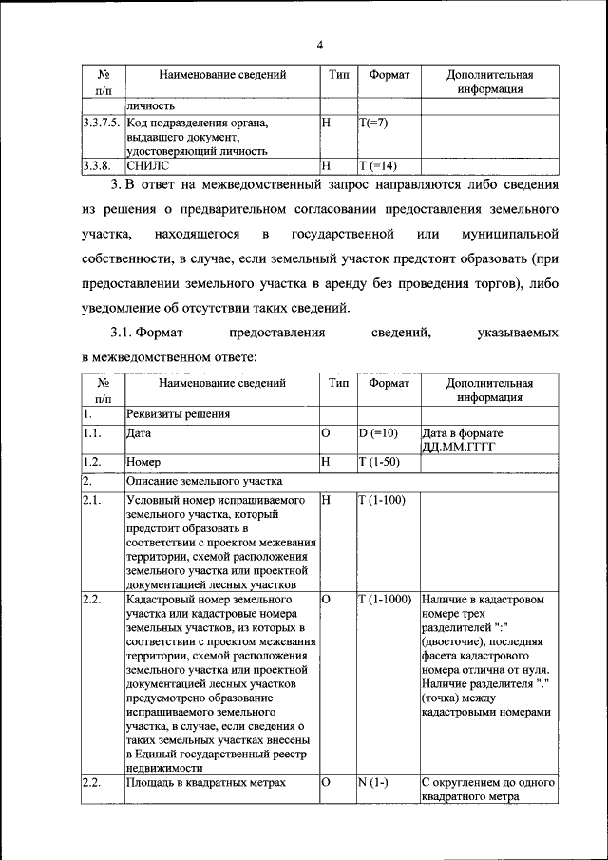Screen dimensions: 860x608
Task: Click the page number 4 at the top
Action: (x=320, y=45)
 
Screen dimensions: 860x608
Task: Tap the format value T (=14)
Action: (x=379, y=165)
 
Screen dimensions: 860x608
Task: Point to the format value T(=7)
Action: (x=373, y=124)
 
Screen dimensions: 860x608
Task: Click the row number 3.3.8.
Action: (x=97, y=165)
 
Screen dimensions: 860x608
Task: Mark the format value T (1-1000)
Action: (x=385, y=600)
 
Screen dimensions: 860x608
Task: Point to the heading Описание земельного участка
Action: (x=202, y=481)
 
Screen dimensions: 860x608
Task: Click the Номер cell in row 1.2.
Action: (x=145, y=462)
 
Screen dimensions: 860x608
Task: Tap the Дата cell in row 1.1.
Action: (x=139, y=433)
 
